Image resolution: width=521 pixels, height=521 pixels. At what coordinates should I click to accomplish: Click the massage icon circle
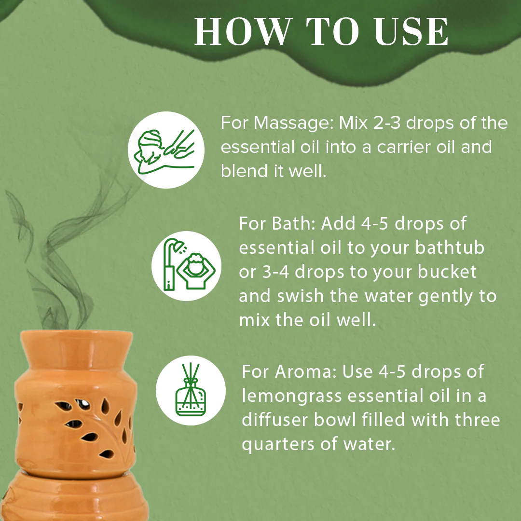click(x=166, y=150)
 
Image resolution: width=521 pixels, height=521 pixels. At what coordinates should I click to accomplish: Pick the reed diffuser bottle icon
click(x=191, y=390)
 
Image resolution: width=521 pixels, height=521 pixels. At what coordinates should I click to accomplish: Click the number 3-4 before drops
click(x=274, y=272)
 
